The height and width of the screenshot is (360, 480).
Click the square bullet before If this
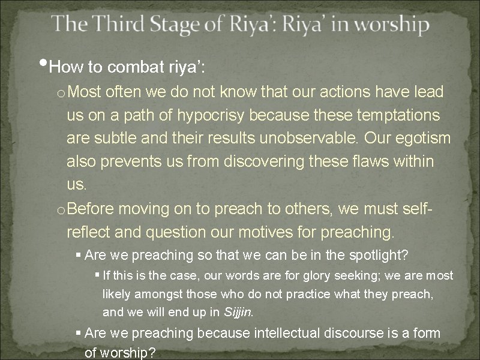click(x=98, y=275)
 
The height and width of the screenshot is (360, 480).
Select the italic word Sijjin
click(x=239, y=312)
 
